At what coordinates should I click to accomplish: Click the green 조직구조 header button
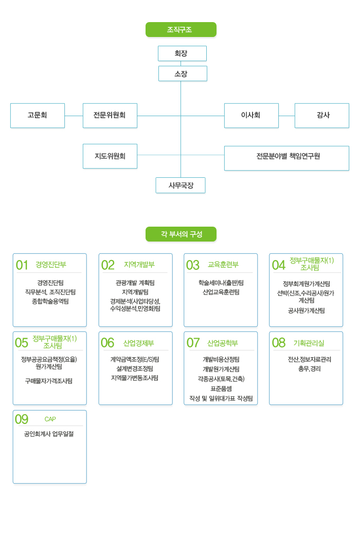pyautogui.click(x=181, y=30)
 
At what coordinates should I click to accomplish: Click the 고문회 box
pyautogui.click(x=38, y=115)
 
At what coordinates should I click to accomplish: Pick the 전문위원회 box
pyautogui.click(x=110, y=115)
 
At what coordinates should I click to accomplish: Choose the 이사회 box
pyautogui.click(x=251, y=115)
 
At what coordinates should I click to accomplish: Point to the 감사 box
pyautogui.click(x=321, y=115)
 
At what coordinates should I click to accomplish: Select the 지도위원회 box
pyautogui.click(x=110, y=156)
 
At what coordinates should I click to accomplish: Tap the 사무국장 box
pyautogui.click(x=181, y=185)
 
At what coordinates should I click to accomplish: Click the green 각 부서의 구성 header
pyautogui.click(x=181, y=234)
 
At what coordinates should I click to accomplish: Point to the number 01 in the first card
pyautogui.click(x=22, y=265)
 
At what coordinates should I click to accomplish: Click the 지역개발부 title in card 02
pyautogui.click(x=139, y=265)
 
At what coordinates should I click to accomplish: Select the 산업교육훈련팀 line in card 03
pyautogui.click(x=221, y=292)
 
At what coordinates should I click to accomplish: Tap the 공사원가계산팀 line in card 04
pyautogui.click(x=306, y=310)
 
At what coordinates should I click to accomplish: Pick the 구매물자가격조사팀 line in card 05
pyautogui.click(x=49, y=381)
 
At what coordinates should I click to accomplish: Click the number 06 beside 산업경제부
pyautogui.click(x=107, y=343)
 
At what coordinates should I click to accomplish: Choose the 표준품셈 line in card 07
pyautogui.click(x=221, y=389)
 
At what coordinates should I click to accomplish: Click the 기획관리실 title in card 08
pyautogui.click(x=309, y=343)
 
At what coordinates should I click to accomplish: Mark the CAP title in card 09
pyautogui.click(x=50, y=419)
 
